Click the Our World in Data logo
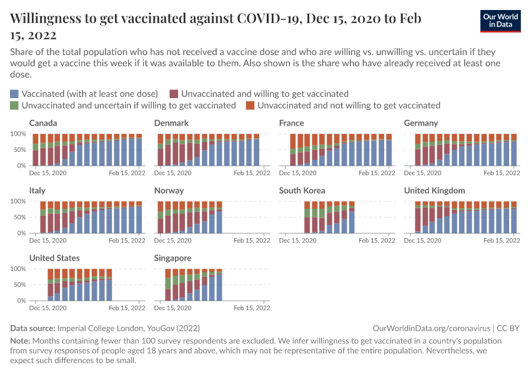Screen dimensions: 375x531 (x=500, y=21)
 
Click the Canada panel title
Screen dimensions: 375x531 (x=43, y=123)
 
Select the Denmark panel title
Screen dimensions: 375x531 (x=171, y=123)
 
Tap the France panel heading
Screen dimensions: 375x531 (x=292, y=123)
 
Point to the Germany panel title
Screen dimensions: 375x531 (x=421, y=123)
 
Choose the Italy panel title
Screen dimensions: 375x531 (x=37, y=191)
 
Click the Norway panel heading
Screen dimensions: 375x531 (x=169, y=191)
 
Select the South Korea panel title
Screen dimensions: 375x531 (x=302, y=191)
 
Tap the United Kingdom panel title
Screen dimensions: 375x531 (x=434, y=191)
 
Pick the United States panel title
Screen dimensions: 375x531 (x=54, y=258)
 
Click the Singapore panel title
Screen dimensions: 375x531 (x=173, y=258)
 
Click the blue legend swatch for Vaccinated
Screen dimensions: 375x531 (x=14, y=94)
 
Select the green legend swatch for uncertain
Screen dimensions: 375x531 (x=14, y=106)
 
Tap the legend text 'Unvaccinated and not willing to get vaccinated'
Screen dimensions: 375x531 (x=349, y=106)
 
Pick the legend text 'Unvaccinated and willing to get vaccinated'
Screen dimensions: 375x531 (x=264, y=94)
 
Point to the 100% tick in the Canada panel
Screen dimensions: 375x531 (x=17, y=134)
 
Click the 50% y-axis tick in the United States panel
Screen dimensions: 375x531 (x=19, y=285)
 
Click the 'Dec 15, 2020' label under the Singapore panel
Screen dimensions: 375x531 (x=173, y=307)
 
